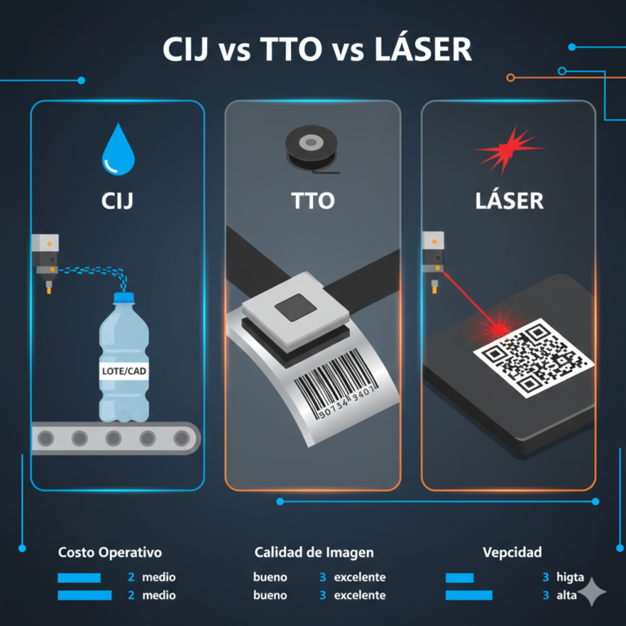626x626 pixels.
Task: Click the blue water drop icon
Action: click(117, 151)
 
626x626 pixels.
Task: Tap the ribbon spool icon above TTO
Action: click(312, 148)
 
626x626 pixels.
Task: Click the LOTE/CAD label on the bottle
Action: click(123, 370)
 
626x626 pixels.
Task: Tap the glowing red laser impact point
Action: click(497, 329)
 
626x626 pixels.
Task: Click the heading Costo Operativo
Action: click(109, 553)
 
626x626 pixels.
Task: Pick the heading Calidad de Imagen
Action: click(314, 553)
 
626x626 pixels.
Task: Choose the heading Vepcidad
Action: click(512, 553)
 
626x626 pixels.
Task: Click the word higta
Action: click(570, 577)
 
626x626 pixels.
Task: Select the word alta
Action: click(566, 595)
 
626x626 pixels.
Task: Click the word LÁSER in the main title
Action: click(422, 50)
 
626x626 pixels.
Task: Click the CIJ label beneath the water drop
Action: click(117, 200)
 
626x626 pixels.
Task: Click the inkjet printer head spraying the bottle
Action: click(45, 258)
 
